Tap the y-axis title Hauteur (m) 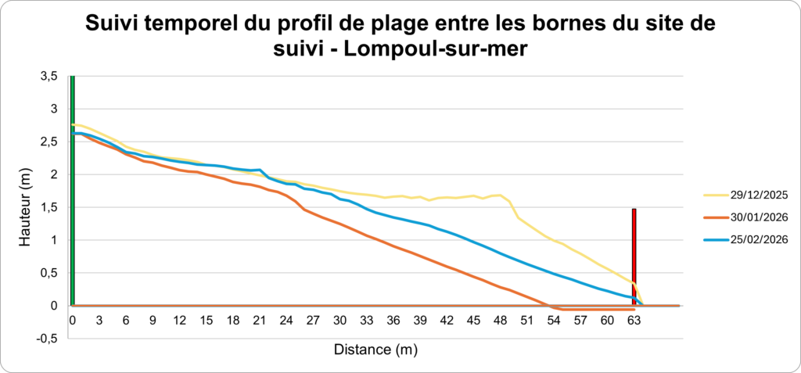(x=26, y=210)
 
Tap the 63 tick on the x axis (x=634, y=320)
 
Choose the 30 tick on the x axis (x=339, y=320)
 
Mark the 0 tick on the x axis (x=72, y=320)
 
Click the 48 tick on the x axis (x=500, y=320)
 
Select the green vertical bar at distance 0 (x=72, y=188)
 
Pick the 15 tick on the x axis (x=206, y=320)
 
